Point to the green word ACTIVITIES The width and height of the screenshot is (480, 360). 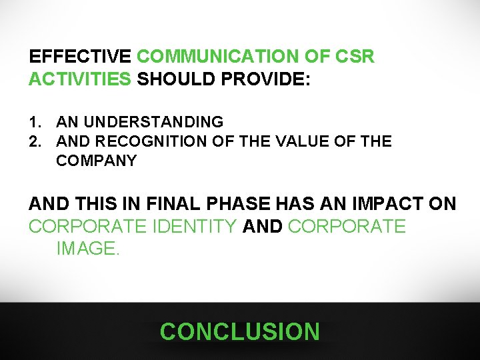coord(80,79)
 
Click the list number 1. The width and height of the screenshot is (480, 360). coord(34,122)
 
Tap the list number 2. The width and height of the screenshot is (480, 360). coord(34,141)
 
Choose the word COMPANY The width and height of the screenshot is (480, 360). coord(97,161)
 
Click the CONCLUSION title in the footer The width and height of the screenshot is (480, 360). coord(240,331)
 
